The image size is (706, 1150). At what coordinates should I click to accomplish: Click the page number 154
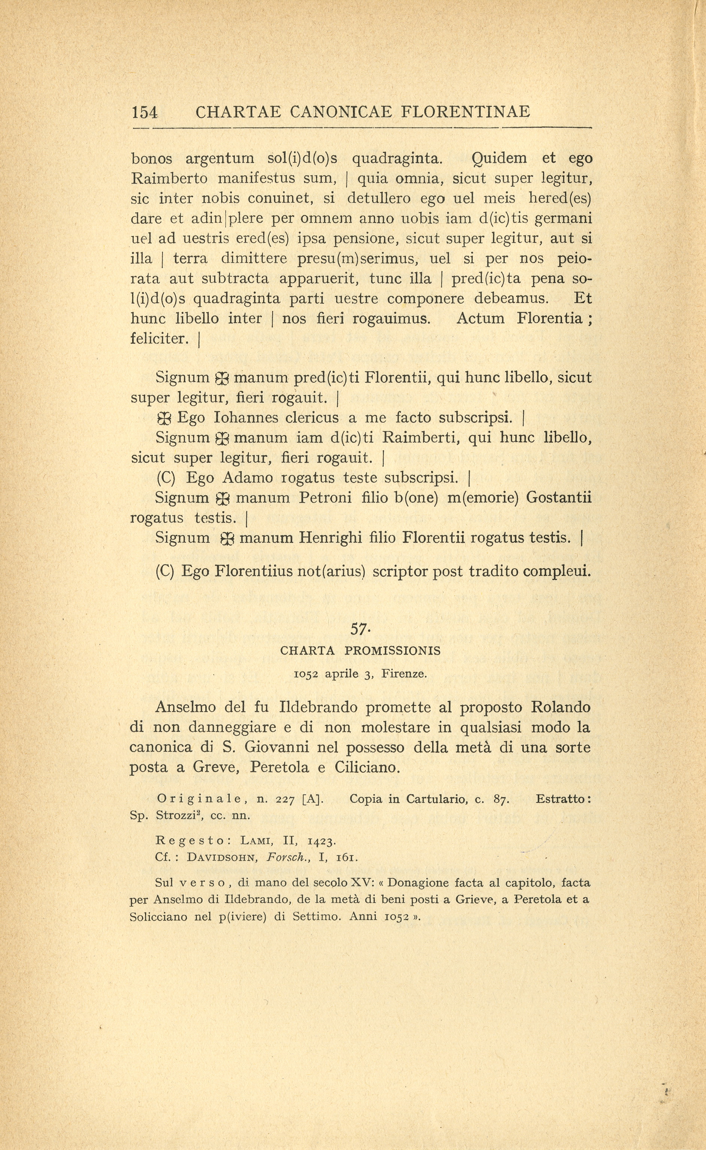[145, 112]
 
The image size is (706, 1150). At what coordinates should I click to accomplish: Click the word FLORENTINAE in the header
[466, 112]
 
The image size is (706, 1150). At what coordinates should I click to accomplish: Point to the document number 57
[358, 629]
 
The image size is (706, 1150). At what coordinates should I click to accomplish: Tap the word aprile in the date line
[342, 674]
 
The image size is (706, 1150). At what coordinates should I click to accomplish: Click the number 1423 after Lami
[322, 841]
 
